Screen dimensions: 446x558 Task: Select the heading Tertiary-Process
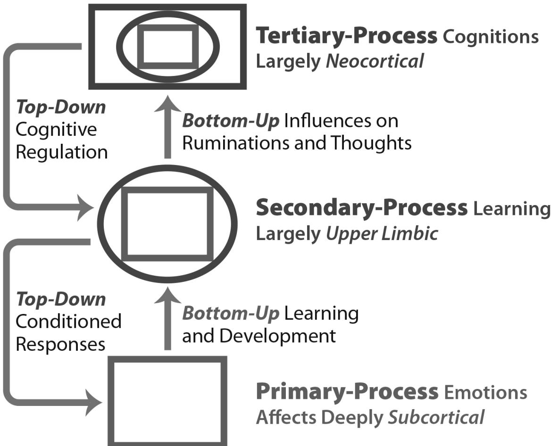(x=346, y=36)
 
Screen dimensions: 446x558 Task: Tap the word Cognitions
(x=491, y=37)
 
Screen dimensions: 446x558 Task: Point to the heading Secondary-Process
(x=361, y=208)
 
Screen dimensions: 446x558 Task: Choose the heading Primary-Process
(x=347, y=392)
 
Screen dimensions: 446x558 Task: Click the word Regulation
(x=62, y=153)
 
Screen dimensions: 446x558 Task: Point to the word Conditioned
(x=68, y=322)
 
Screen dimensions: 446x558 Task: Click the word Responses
(x=60, y=344)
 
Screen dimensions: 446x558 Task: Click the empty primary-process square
(x=168, y=400)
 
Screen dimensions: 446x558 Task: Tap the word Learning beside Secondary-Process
(x=511, y=208)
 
